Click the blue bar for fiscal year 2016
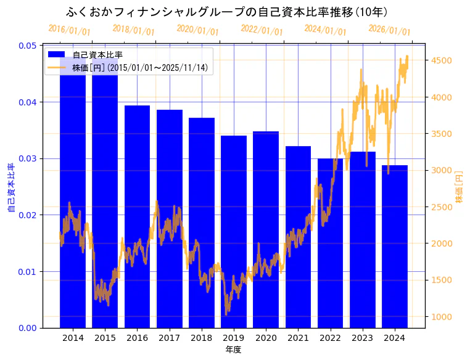point(137,216)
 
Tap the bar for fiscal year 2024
point(394,247)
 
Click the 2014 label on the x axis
point(73,338)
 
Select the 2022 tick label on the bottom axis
point(330,338)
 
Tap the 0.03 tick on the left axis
point(27,158)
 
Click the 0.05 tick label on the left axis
point(27,46)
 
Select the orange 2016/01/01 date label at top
point(69,30)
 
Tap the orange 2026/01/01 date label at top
point(389,30)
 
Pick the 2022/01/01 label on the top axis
point(262,30)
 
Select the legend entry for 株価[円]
point(142,67)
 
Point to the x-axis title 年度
point(233,350)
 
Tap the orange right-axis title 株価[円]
point(459,187)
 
